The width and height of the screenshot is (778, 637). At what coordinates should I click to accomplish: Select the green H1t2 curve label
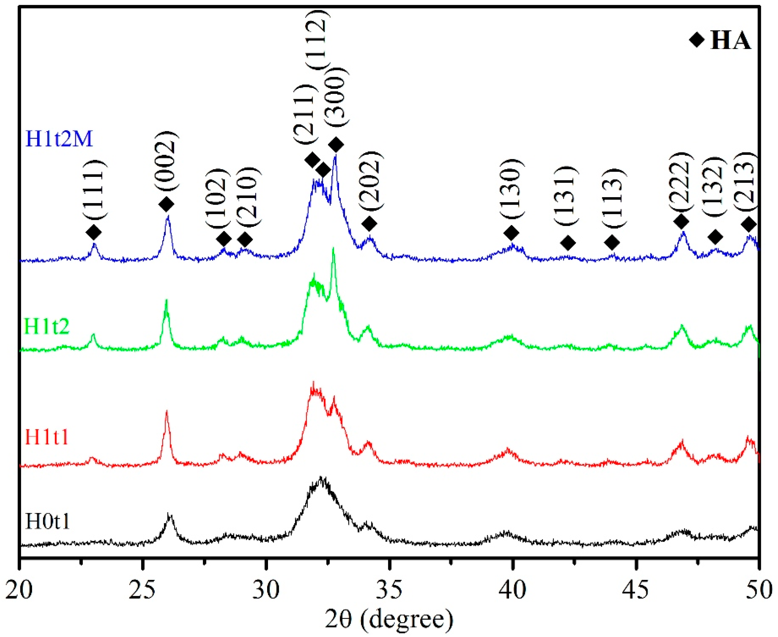46,326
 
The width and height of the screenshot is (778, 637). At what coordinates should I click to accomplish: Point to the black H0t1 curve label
48,522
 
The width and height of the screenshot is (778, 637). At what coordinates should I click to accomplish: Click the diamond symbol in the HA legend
697,40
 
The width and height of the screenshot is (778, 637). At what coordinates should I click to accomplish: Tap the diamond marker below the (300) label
336,145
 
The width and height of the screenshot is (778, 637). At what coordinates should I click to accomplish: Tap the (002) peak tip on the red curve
167,411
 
